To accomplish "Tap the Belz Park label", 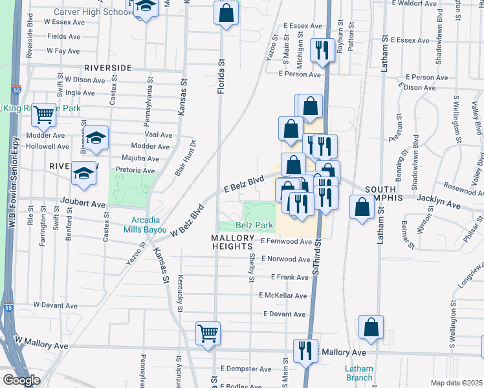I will point(252,225).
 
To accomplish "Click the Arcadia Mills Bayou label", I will point(142,223).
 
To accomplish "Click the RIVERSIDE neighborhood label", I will point(107,67).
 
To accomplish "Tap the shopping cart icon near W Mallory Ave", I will point(208,334).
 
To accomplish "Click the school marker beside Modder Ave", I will point(96,138).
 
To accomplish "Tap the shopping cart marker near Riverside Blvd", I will point(43,115).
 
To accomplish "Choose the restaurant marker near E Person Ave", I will point(322,50).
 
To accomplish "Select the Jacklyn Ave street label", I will point(439,205).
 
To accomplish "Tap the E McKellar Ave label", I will point(283,295).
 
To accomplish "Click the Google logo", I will point(21,380).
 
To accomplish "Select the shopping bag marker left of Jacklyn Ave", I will point(362,207).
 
